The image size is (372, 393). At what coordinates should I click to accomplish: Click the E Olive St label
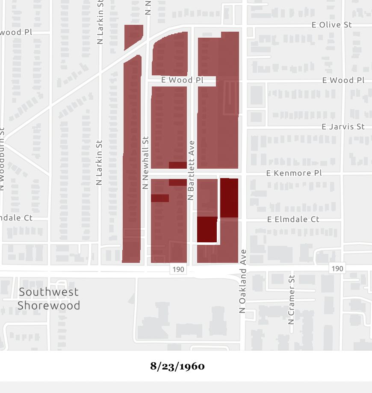coord(331,25)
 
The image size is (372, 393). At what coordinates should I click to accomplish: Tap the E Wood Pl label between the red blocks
coord(183,80)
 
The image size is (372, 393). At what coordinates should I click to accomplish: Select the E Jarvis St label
coord(343,127)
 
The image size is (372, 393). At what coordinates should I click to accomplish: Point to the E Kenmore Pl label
coord(294,173)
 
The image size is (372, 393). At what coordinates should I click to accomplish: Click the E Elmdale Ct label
coord(293,219)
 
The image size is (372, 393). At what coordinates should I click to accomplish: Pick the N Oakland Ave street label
coord(243,281)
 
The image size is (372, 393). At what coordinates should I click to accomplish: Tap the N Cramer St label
coord(292,299)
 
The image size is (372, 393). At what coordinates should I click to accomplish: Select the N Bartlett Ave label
coord(191,170)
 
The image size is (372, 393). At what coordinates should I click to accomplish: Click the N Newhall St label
coord(145,163)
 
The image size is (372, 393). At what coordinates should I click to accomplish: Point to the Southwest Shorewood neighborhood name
coord(49,298)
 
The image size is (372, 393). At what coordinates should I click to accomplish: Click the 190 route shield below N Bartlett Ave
coord(177,269)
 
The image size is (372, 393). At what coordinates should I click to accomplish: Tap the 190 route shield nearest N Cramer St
coord(337,268)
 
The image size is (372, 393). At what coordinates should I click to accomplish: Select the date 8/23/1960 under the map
coord(177,366)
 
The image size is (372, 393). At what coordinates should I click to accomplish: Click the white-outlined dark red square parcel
coord(207,229)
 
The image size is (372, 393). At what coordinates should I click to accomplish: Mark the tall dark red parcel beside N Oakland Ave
coord(229,198)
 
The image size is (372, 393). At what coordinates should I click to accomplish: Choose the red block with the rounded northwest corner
coord(170,55)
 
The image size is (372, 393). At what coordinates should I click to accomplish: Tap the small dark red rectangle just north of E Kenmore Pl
coord(177,165)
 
